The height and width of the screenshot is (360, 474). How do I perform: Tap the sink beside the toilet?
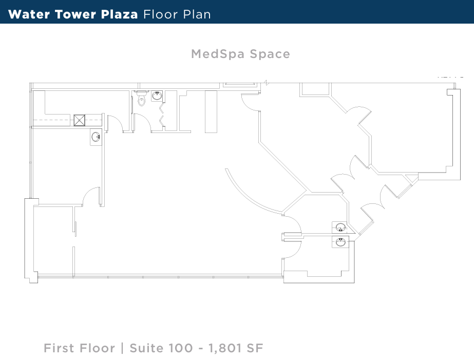[x=158, y=96]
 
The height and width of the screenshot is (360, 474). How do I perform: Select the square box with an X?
[x=79, y=120]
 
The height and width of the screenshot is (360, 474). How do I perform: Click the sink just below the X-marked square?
[x=96, y=137]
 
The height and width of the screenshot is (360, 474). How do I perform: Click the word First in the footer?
[x=60, y=348]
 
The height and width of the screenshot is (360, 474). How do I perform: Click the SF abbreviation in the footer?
[x=254, y=348]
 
